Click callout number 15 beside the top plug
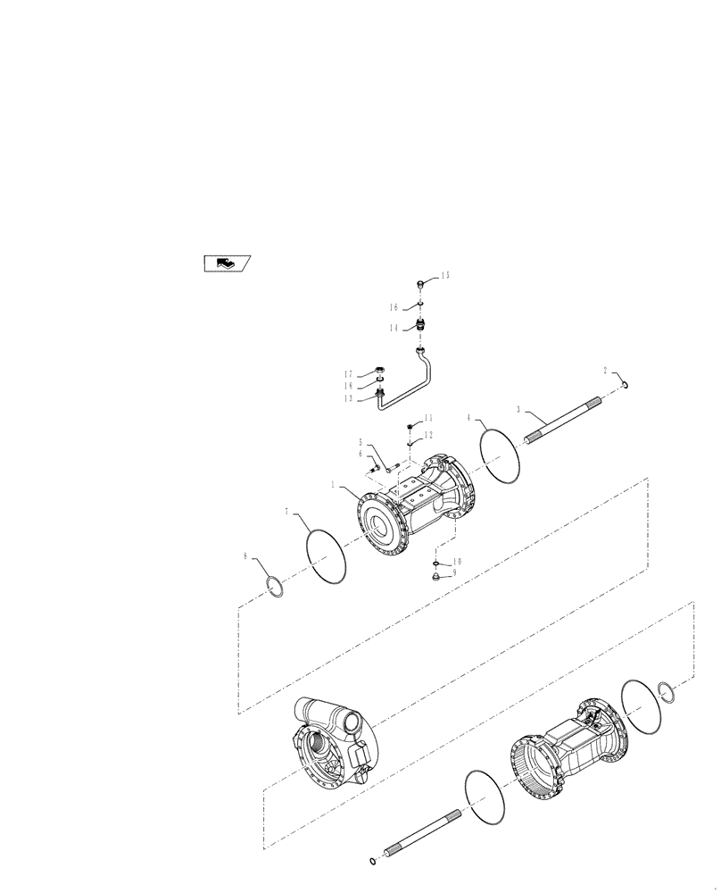pyautogui.click(x=444, y=276)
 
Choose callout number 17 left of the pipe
pyautogui.click(x=350, y=374)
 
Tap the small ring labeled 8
pyautogui.click(x=277, y=588)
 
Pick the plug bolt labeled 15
pyautogui.click(x=419, y=285)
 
